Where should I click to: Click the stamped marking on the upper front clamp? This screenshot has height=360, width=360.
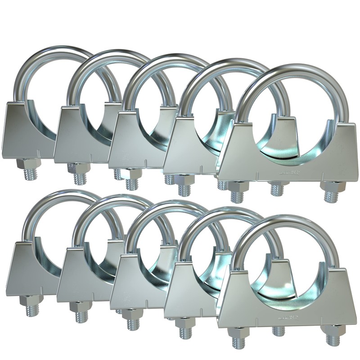click(x=289, y=172)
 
